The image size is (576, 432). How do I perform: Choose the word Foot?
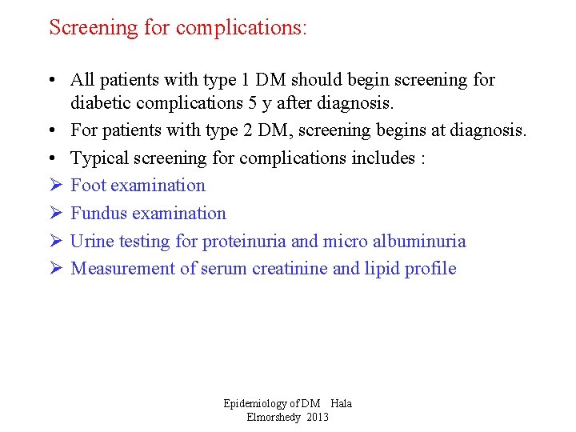pos(86,186)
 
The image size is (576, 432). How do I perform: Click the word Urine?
pos(90,242)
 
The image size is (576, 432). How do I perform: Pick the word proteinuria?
pos(243,242)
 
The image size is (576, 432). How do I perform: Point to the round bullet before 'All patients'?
pos(50,81)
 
